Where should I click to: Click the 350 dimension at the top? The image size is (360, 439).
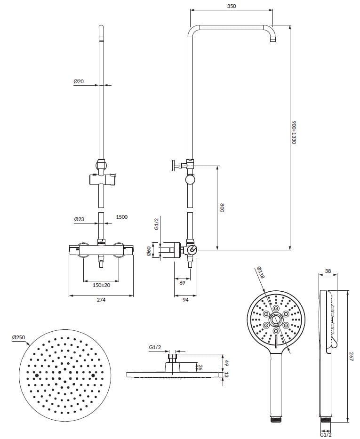[231, 6]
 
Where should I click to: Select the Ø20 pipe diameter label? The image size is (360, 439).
[79, 81]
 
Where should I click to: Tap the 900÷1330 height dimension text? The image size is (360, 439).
[294, 132]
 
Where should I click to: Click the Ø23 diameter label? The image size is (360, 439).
[79, 219]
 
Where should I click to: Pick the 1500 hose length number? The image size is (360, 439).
[122, 217]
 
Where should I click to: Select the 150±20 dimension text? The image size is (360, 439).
[101, 285]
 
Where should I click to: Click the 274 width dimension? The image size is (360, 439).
[101, 300]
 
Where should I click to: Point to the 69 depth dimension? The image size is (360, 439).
[182, 283]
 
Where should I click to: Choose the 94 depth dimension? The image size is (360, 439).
[185, 300]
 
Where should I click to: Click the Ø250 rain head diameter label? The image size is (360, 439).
[18, 337]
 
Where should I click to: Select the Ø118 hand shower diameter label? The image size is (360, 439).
[261, 273]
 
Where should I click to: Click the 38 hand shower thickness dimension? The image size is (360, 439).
[328, 271]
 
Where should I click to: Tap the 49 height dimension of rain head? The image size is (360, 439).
[226, 363]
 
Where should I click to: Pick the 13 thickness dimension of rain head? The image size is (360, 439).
[226, 375]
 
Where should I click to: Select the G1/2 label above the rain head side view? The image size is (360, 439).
[155, 347]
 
